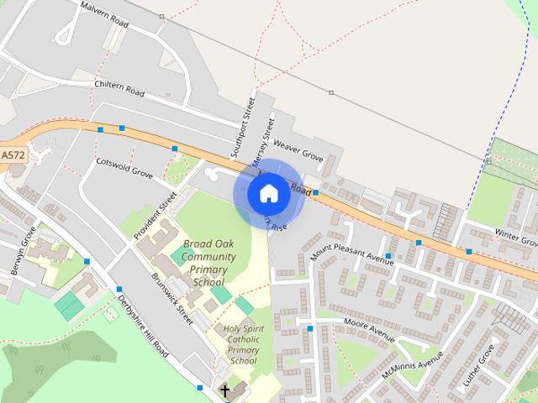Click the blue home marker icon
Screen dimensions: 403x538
click(x=268, y=194)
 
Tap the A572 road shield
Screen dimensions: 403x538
click(x=13, y=155)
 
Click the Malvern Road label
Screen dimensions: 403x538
click(x=104, y=14)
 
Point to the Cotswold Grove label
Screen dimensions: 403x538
click(x=124, y=167)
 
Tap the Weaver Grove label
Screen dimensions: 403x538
click(x=298, y=151)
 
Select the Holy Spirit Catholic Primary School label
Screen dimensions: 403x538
click(x=243, y=344)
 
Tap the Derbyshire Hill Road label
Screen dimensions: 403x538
click(x=143, y=327)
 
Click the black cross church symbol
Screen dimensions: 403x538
click(x=224, y=390)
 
